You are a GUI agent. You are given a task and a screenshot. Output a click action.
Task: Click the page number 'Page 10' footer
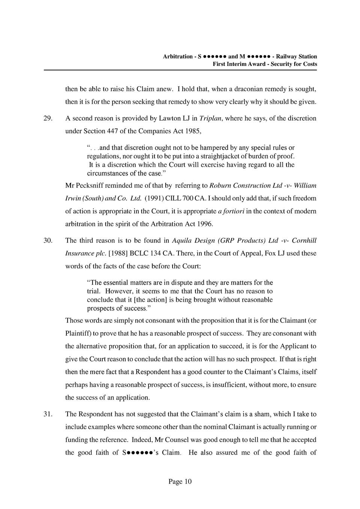tap(180, 482)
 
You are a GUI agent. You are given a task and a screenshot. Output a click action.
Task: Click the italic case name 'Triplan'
tap(211, 118)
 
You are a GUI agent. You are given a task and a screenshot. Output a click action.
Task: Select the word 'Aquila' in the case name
tap(183, 240)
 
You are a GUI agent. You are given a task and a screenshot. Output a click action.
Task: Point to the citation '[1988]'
tap(118, 253)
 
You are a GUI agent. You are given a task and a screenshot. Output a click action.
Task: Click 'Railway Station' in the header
tap(296, 57)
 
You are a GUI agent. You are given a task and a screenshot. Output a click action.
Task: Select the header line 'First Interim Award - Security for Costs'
tap(265, 64)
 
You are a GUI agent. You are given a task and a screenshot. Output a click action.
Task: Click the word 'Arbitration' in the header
tap(178, 57)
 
